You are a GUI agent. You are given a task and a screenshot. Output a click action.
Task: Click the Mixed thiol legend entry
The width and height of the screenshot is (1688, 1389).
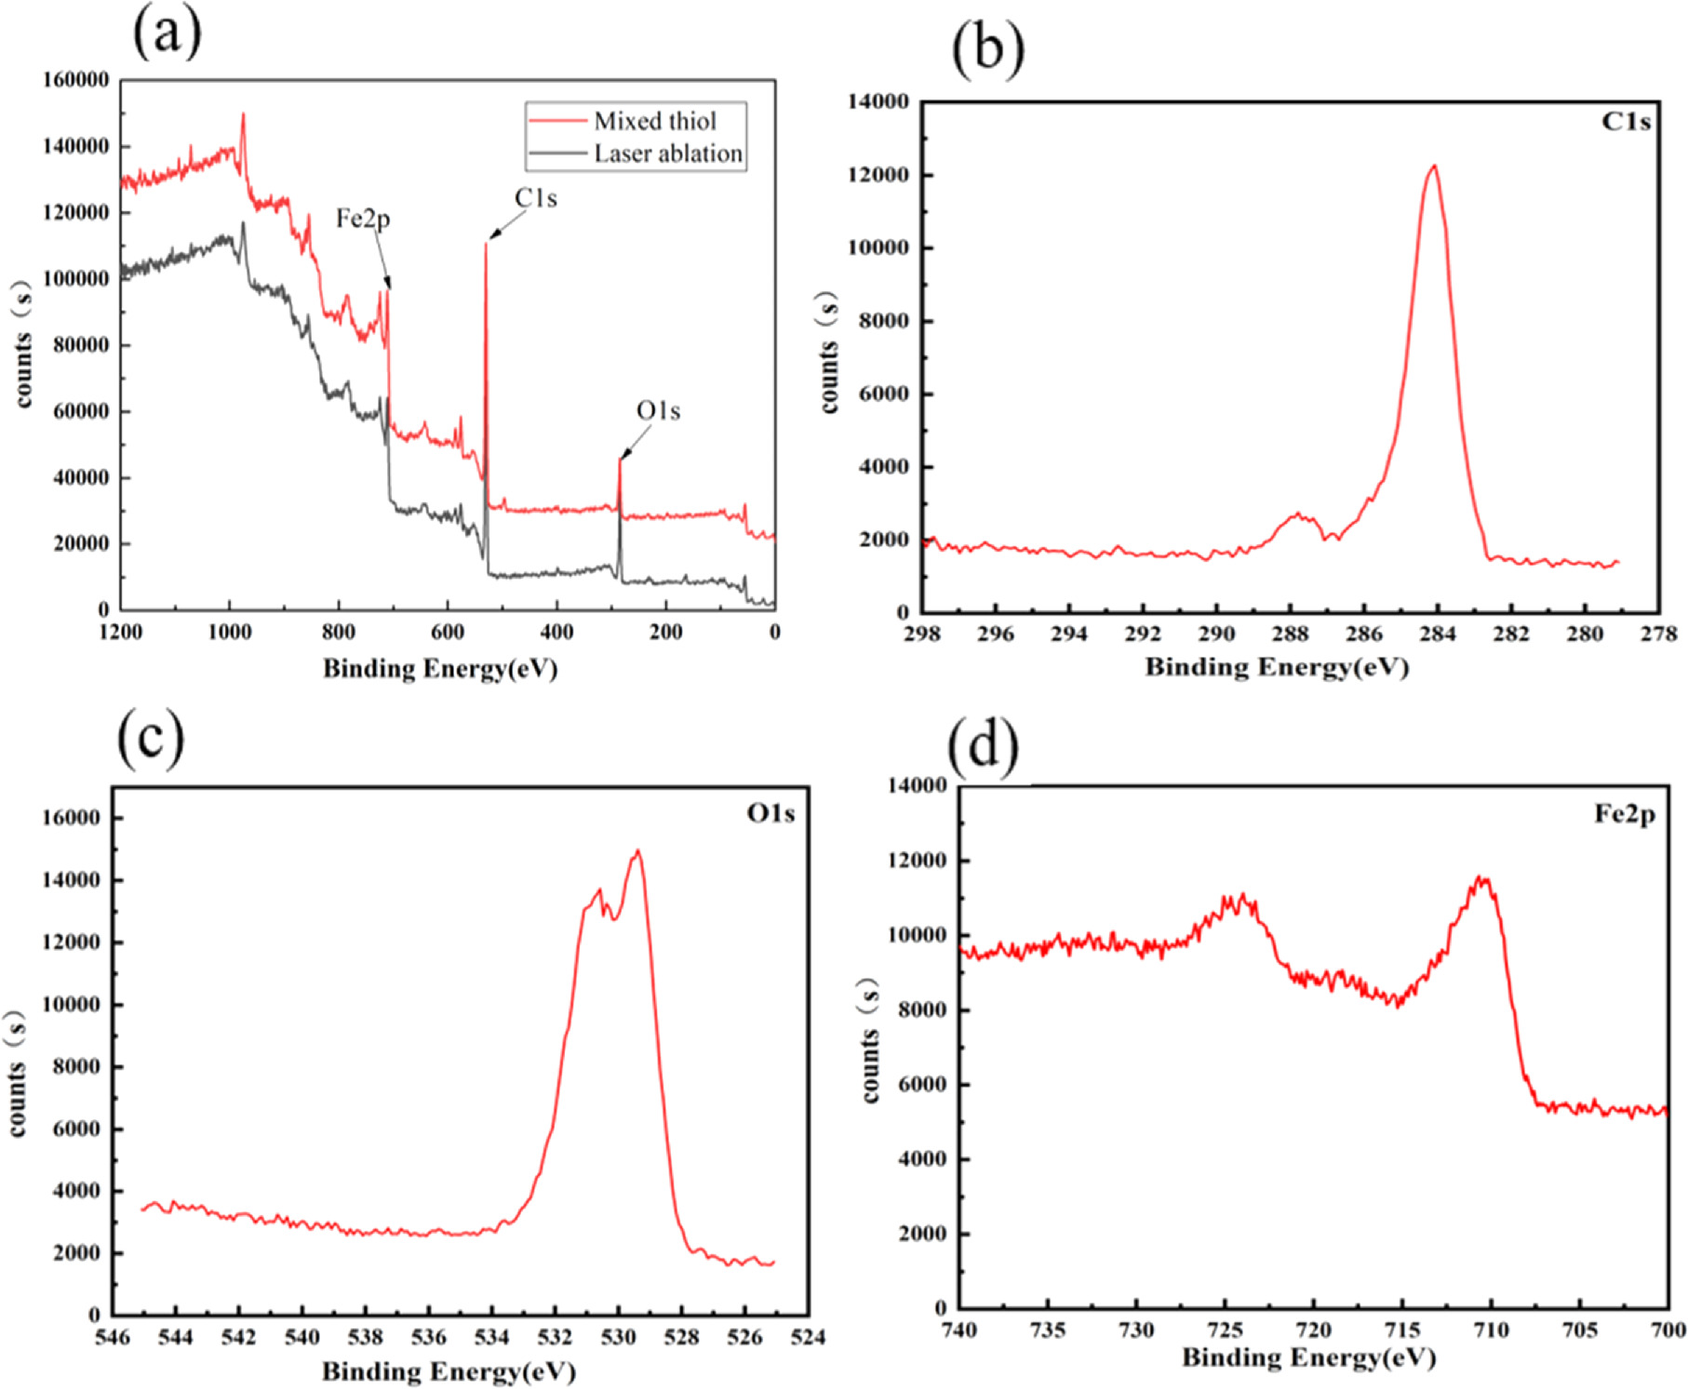point(654,121)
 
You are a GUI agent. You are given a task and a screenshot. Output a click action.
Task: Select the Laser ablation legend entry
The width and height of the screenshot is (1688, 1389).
point(667,154)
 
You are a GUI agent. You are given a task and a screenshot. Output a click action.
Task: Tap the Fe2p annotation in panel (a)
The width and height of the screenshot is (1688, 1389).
point(363,219)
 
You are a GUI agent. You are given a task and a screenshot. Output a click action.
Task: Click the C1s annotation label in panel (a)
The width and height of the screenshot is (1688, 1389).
point(535,198)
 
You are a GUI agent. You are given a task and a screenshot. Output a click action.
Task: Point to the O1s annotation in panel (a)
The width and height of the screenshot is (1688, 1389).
point(658,410)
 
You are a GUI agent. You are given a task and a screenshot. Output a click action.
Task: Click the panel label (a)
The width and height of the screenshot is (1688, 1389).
point(167,33)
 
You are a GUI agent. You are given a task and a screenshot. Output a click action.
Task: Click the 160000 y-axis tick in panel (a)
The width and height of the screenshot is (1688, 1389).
point(76,80)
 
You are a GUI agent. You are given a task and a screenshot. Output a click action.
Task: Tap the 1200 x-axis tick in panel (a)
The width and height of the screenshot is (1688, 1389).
point(121,633)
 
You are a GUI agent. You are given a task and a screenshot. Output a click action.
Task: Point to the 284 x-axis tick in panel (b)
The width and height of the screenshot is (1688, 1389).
point(1437,634)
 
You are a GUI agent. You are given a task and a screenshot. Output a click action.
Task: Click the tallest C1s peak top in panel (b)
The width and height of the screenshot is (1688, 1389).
point(1434,167)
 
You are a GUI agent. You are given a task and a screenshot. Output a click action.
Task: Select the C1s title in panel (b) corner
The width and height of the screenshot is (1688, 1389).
point(1626,122)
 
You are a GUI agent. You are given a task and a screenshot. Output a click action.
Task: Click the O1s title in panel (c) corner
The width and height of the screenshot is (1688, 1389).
point(770,814)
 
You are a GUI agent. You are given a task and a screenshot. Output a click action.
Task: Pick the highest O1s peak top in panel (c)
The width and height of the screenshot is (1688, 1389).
point(637,850)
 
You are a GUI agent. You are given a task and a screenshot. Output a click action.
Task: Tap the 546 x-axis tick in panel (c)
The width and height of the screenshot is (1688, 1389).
point(113,1338)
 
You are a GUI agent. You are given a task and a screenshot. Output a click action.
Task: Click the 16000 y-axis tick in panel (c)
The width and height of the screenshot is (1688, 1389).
point(72,818)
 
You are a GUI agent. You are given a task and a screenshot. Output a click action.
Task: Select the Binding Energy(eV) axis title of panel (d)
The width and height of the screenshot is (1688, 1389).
point(1308,1357)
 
